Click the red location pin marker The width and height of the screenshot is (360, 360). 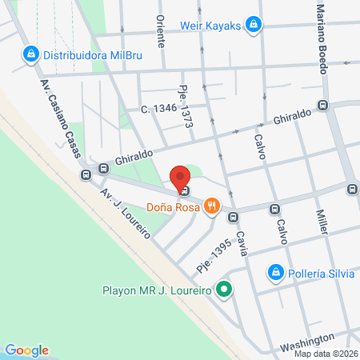(181, 178)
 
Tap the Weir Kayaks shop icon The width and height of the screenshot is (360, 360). (254, 25)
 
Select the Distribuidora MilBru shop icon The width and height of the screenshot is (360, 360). (30, 54)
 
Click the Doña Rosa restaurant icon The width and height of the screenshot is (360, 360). (211, 206)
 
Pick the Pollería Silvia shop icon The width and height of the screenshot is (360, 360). (275, 273)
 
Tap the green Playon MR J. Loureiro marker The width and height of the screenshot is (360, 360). (225, 290)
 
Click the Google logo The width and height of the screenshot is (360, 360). (27, 350)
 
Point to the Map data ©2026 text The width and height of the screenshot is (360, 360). (326, 354)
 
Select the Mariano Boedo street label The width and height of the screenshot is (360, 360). (322, 37)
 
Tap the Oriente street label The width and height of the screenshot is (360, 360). (161, 32)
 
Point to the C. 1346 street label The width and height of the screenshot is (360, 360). (156, 107)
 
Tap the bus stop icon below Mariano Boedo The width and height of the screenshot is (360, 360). (323, 106)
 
